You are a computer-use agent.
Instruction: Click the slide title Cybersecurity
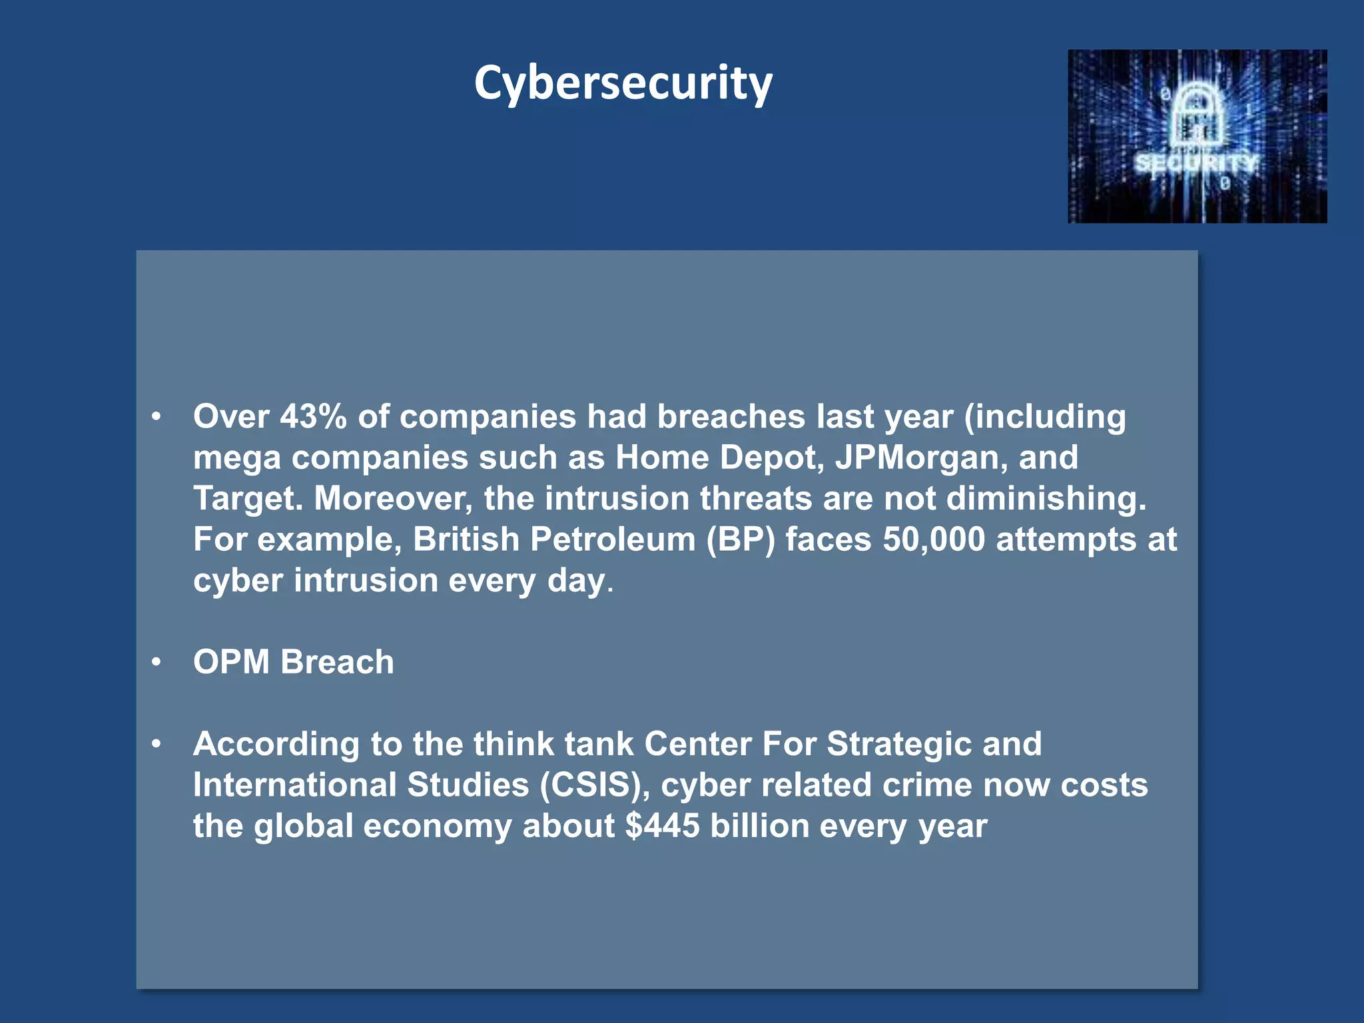coord(623,83)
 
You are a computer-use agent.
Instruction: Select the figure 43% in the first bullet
coord(313,417)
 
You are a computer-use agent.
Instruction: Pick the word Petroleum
coord(613,539)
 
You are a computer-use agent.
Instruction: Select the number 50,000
coord(933,539)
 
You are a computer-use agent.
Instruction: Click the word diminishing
coord(1046,499)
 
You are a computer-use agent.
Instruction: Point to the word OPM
coord(231,662)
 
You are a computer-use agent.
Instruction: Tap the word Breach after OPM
coord(337,662)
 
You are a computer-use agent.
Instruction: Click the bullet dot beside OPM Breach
coord(157,662)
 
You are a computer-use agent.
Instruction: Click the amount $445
coord(662,826)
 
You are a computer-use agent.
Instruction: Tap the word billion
coord(759,826)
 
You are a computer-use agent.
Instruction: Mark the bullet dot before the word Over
coord(157,417)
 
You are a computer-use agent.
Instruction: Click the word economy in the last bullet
coord(437,827)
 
